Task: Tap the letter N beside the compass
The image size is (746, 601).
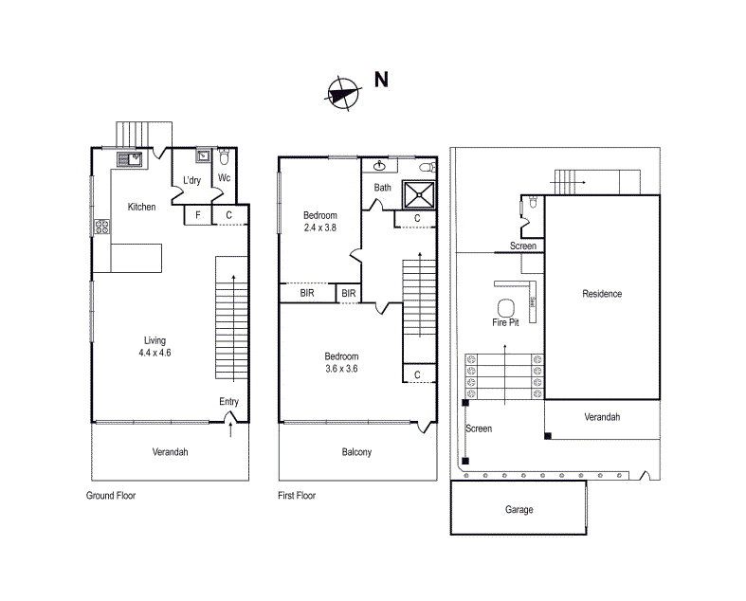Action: (x=381, y=80)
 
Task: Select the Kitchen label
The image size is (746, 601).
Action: (x=142, y=208)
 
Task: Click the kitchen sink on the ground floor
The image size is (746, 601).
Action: (x=129, y=160)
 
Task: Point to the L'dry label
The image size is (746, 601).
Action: (x=191, y=181)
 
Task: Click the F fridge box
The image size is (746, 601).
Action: (x=197, y=216)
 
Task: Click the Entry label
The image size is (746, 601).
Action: (x=229, y=402)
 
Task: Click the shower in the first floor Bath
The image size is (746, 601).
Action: (x=419, y=194)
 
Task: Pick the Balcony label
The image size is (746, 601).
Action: (x=356, y=452)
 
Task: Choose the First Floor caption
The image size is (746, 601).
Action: (x=298, y=496)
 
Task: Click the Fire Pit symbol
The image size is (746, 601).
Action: (x=505, y=307)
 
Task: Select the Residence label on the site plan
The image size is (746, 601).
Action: (x=602, y=294)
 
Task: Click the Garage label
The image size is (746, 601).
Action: (x=519, y=510)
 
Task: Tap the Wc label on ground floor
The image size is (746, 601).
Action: (x=225, y=178)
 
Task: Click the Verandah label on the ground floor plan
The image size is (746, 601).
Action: (x=171, y=452)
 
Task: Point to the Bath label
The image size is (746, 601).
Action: (x=382, y=188)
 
